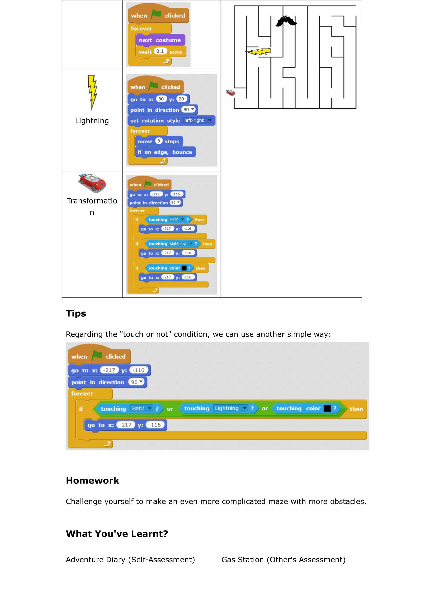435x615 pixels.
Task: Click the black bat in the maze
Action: point(286,21)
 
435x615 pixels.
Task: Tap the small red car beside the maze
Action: point(231,93)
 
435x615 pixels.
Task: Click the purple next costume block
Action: point(160,40)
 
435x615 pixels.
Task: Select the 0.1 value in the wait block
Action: point(160,51)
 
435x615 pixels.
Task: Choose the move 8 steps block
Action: point(158,141)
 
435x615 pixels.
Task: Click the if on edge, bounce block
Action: point(165,152)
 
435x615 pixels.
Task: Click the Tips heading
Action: point(76,313)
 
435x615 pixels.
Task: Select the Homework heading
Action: point(92,481)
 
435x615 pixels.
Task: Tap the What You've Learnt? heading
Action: point(117,534)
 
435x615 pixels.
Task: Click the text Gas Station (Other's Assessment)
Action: point(283,560)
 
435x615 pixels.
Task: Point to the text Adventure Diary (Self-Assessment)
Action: point(130,560)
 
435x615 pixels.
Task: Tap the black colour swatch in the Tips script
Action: point(327,409)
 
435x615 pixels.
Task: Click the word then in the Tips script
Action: point(356,409)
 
